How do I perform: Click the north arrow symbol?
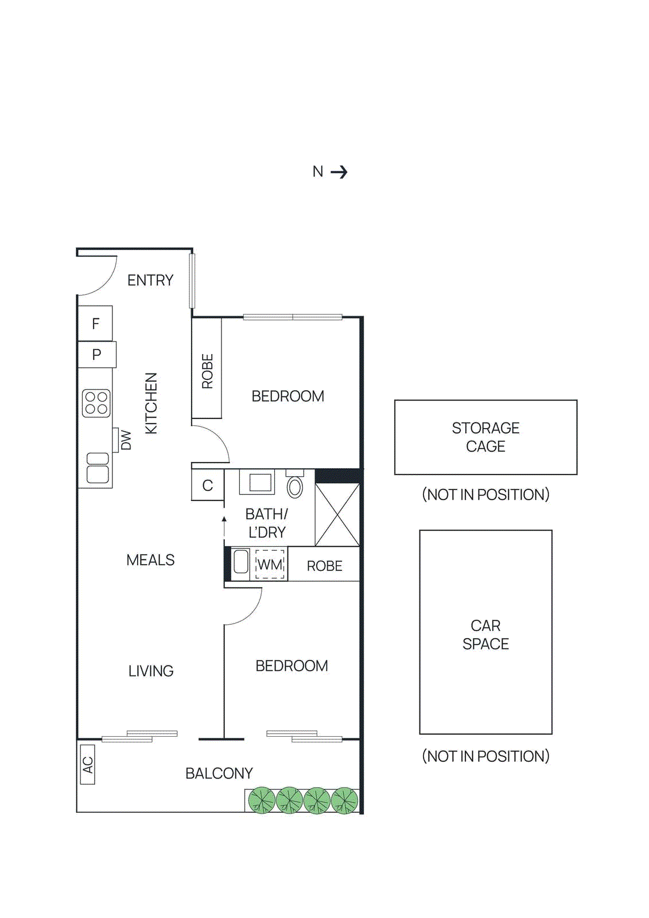pos(339,172)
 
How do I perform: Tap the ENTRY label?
pos(150,280)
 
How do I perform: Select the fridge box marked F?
pos(95,324)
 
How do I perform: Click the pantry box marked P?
pos(96,355)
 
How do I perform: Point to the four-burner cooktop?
pos(96,403)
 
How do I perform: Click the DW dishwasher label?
pos(126,440)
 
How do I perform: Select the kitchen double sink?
pos(98,467)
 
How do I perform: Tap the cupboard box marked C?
pos(207,485)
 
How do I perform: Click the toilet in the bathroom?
pos(295,486)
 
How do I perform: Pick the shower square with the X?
pos(337,515)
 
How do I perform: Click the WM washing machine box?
pos(269,565)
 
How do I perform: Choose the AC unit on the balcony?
pos(88,764)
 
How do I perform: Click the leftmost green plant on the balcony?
pos(262,800)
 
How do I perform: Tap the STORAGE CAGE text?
pos(485,437)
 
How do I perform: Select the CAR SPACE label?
pos(485,634)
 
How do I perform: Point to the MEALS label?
pos(150,560)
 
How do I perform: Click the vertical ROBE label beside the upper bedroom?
pos(207,371)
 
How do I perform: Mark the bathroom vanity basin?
pos(260,483)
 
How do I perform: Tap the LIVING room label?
pos(151,671)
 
